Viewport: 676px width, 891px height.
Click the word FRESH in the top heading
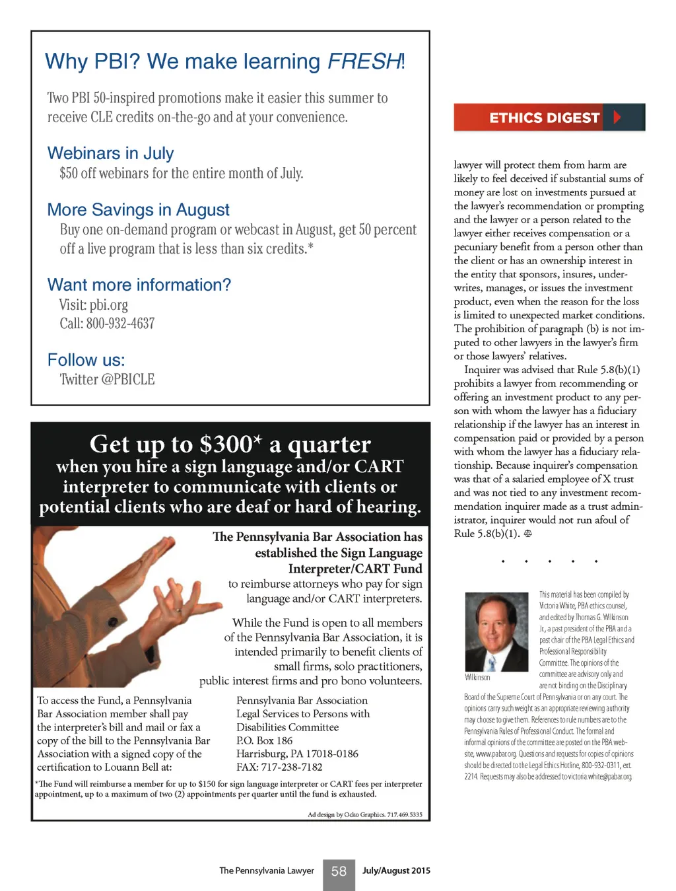coord(364,61)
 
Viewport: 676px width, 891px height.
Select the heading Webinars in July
coord(110,153)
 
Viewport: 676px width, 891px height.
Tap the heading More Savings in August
coord(138,210)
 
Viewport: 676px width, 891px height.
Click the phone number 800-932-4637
coord(120,324)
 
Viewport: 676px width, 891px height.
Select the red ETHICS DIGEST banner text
coord(544,118)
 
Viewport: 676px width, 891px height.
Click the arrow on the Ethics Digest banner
coord(617,118)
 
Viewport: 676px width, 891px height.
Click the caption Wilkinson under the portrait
coord(477,677)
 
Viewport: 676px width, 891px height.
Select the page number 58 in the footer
coord(339,871)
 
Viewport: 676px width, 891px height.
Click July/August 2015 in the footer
coord(396,871)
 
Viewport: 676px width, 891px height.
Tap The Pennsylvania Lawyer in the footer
coord(266,871)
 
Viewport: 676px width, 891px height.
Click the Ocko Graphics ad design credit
coord(364,814)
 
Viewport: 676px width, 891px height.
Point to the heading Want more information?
coord(139,285)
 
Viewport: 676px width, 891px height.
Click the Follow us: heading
coord(86,360)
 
